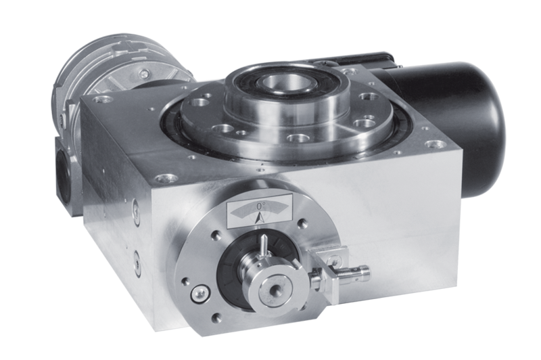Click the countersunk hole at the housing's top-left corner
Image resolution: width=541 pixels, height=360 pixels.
102,99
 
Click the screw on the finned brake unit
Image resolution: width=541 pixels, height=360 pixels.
144,73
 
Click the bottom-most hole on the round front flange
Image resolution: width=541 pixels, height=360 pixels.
216,318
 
